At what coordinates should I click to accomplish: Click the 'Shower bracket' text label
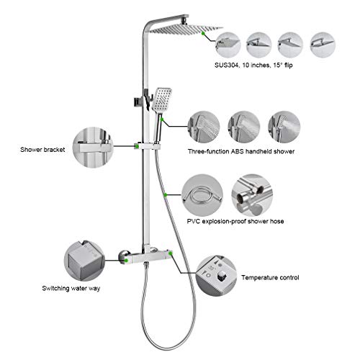(x=43, y=150)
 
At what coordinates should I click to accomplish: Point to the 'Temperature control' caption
(x=271, y=276)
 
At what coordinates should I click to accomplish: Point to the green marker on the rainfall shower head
(x=207, y=32)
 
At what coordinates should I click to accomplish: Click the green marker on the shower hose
(x=165, y=194)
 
